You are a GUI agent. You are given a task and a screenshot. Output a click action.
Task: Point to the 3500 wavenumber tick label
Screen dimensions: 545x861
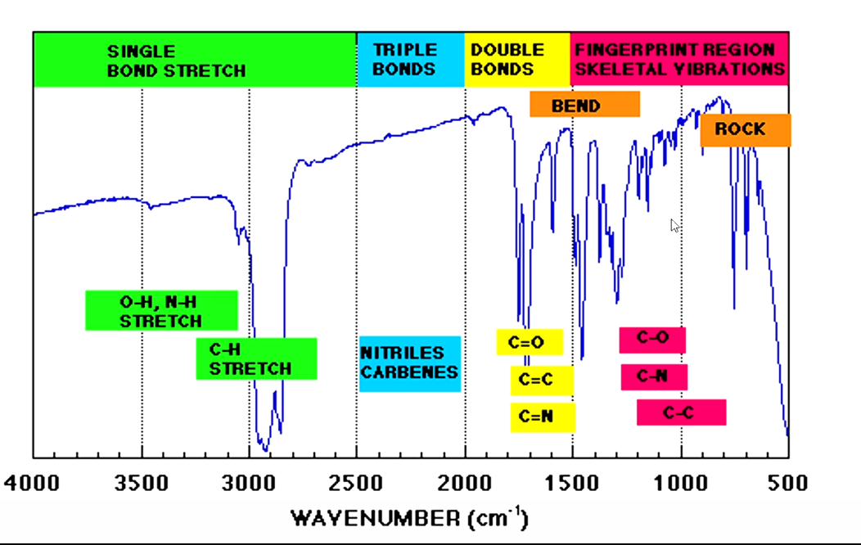[x=142, y=483]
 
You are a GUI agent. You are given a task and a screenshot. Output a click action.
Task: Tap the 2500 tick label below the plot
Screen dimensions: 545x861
[x=356, y=483]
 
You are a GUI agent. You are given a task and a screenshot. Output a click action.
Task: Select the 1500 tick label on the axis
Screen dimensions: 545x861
[x=572, y=483]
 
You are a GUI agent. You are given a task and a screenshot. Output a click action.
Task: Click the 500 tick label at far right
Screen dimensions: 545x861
[x=788, y=483]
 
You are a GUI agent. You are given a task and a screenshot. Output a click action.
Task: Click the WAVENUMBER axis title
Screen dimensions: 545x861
[x=409, y=518]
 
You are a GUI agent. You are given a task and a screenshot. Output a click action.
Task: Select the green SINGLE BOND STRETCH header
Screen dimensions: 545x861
[x=194, y=60]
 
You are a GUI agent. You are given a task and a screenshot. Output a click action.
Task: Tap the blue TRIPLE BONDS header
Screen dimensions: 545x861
[x=410, y=60]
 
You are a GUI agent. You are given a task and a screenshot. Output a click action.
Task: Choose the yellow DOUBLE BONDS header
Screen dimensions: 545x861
[x=516, y=60]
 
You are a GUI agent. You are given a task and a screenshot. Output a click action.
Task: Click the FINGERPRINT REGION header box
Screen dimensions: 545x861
[x=678, y=60]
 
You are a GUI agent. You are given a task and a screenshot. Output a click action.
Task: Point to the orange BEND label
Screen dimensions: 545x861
[x=584, y=105]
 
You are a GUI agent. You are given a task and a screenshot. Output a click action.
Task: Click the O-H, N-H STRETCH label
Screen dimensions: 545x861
[x=161, y=311]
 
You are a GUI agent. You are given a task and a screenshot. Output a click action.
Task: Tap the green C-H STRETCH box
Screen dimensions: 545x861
[x=256, y=358]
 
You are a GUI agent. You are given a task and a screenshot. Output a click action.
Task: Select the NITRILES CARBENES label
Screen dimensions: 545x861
[x=409, y=363]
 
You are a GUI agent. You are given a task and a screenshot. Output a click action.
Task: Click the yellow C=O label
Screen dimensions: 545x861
[x=529, y=342]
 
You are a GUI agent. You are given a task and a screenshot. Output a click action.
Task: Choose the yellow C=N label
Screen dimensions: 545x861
[x=542, y=417]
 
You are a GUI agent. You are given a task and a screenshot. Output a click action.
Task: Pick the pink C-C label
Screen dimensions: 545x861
[x=681, y=412]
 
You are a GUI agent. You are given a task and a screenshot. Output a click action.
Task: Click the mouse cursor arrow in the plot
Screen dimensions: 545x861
[x=674, y=224]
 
